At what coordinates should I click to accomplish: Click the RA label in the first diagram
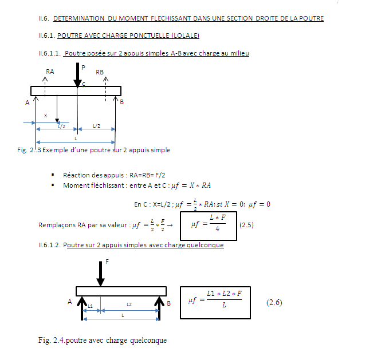tap(50, 72)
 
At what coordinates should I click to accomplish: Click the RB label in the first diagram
tap(100, 72)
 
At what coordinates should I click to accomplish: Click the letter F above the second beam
tap(107, 261)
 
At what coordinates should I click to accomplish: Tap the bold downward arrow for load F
tap(101, 274)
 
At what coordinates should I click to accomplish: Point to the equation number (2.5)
tap(246, 225)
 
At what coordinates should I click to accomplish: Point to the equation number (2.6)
tap(275, 302)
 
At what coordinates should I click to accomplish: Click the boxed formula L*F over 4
tap(209, 224)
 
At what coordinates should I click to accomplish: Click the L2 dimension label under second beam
tap(129, 305)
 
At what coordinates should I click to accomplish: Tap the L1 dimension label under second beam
tap(91, 307)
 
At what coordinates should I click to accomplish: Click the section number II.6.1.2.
tap(48, 245)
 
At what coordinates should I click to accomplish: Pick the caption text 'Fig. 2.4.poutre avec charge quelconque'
tap(102, 340)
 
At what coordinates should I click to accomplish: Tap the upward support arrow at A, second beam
tap(81, 304)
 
